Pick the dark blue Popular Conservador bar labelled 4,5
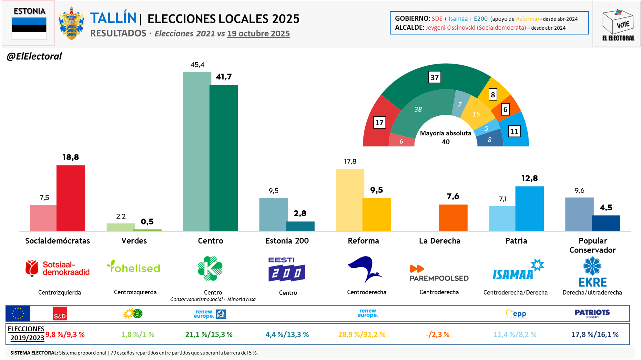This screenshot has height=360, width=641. (x=605, y=223)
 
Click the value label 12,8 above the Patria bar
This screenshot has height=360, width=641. (x=529, y=178)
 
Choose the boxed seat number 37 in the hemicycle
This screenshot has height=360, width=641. (x=434, y=77)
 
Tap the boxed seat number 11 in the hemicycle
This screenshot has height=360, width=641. (x=514, y=131)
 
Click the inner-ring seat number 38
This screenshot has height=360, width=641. (x=418, y=109)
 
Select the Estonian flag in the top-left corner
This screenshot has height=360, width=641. (x=29, y=28)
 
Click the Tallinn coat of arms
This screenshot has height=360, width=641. (x=71, y=23)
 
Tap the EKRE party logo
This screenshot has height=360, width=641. (x=592, y=272)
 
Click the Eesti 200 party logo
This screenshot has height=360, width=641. (x=287, y=269)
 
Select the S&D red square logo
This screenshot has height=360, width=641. (x=60, y=314)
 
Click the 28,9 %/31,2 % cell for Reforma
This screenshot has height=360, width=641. (x=362, y=335)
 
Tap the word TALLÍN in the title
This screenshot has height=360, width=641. (x=113, y=18)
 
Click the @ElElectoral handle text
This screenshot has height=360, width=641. (x=34, y=56)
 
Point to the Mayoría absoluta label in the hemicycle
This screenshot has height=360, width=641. (x=445, y=133)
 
